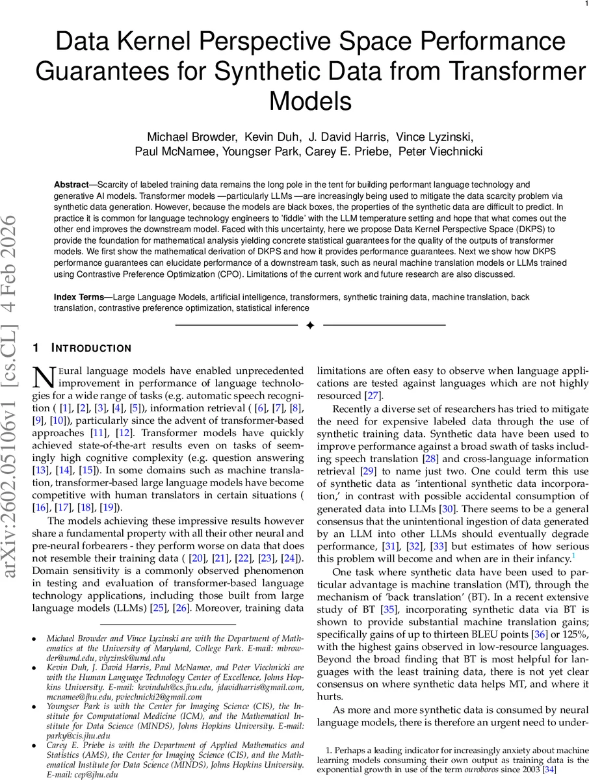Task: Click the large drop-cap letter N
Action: pyautogui.click(x=42, y=376)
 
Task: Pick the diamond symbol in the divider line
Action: pyautogui.click(x=310, y=324)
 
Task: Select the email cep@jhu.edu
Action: pyautogui.click(x=97, y=775)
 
